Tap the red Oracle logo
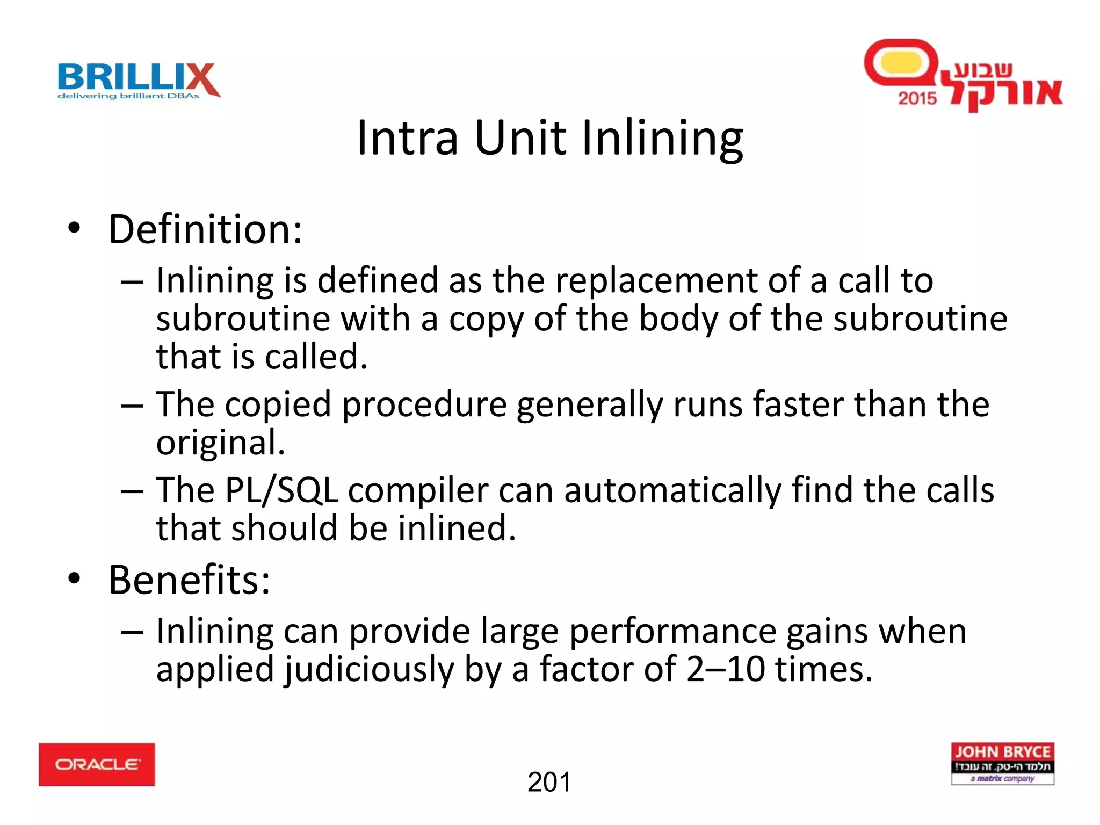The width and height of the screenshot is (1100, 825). (97, 764)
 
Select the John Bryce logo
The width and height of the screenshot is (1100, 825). (1002, 763)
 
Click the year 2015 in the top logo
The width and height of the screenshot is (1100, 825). (917, 98)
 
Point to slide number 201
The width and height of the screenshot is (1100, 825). (549, 782)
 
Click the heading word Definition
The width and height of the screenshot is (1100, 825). (205, 230)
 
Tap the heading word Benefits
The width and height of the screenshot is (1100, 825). (189, 580)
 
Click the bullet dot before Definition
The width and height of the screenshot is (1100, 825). (74, 228)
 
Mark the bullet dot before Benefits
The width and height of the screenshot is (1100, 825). (74, 578)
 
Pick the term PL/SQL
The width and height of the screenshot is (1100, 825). (281, 491)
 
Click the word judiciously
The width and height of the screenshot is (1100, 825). (370, 670)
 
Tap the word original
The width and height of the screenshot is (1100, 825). (220, 444)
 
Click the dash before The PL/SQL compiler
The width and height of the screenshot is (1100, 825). (132, 491)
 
